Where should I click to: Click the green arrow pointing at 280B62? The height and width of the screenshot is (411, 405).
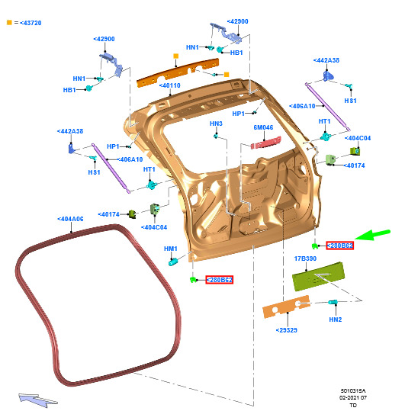372,235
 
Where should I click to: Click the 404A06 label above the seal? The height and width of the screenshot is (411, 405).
70,219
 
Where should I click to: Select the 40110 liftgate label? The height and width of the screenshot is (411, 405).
170,85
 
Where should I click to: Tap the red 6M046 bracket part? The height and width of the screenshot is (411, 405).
266,143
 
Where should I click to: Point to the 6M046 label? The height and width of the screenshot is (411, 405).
263,127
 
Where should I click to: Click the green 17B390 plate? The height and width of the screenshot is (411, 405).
318,276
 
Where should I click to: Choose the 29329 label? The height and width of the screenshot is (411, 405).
287,330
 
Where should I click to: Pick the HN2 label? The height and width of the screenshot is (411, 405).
336,319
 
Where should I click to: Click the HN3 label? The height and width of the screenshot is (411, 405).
216,124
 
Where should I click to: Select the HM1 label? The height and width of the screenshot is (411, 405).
171,249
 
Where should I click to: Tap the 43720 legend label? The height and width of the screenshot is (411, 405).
31,23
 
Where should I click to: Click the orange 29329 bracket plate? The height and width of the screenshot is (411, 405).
286,307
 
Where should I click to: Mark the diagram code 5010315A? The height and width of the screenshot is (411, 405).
353,391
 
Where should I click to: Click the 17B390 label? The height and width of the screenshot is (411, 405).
305,258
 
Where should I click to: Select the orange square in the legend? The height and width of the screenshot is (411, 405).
9,23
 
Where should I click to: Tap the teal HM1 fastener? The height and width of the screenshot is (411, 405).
173,262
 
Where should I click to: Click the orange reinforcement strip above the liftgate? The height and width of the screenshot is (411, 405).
178,73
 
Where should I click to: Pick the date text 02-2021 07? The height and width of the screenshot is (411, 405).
353,397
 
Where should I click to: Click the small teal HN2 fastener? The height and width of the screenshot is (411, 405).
333,302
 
